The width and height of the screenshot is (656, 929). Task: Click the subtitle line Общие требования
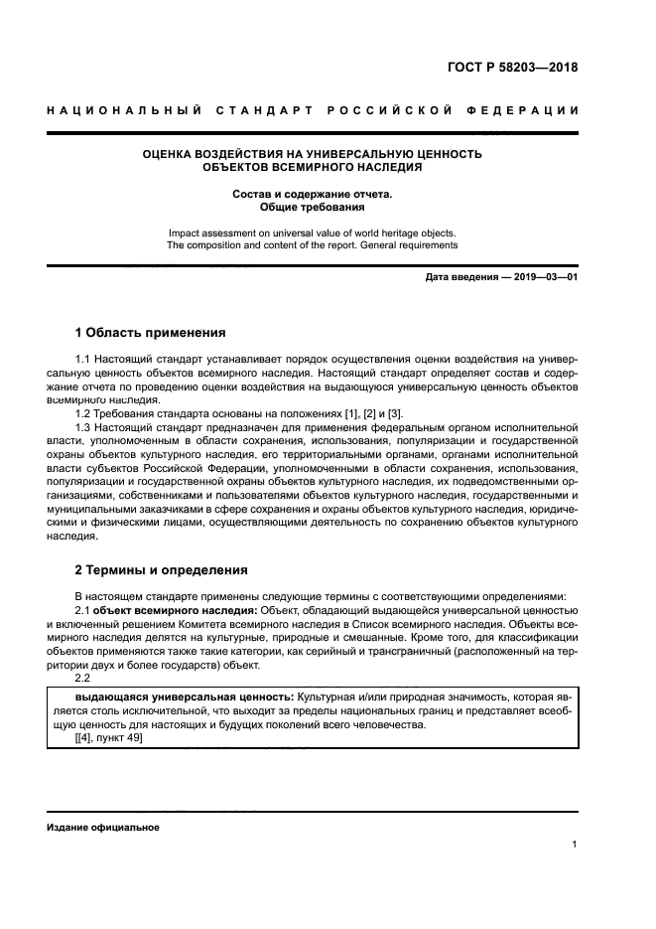tap(313, 208)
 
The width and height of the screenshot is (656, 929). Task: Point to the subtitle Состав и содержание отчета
tap(313, 194)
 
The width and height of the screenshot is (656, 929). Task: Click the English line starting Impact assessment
tap(313, 231)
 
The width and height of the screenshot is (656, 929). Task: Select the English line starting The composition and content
tap(313, 244)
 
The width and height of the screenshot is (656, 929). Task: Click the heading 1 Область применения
tap(151, 332)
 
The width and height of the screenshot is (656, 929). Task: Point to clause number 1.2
tap(83, 413)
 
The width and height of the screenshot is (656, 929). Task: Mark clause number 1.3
tap(83, 427)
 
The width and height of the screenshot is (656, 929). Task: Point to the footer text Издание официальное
tap(103, 827)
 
